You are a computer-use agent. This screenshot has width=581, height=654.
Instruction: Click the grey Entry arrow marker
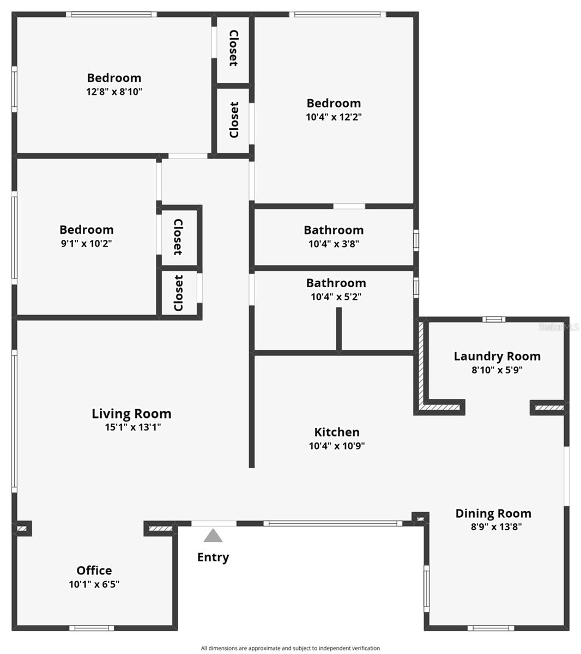213,536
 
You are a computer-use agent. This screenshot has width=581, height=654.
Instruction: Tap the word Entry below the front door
213,557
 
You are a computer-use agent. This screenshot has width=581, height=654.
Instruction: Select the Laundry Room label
497,356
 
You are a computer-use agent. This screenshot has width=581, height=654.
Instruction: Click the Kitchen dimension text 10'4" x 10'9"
337,446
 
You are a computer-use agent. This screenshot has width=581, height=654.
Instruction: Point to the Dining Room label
493,513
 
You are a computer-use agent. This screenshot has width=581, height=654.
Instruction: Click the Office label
94,571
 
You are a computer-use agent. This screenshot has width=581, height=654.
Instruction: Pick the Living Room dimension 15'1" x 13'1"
133,427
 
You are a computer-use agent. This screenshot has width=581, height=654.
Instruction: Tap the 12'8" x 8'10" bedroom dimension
114,92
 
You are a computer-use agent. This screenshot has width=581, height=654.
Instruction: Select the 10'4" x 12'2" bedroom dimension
334,117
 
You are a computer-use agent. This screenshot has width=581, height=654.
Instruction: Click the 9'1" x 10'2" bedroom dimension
87,244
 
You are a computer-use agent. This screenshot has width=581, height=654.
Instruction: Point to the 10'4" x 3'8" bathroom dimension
334,244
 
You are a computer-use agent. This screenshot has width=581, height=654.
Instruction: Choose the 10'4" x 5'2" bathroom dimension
336,297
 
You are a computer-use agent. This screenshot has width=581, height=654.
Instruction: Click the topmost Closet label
234,49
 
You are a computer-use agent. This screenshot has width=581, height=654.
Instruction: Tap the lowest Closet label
179,293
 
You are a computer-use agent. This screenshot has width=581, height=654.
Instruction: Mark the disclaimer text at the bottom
290,648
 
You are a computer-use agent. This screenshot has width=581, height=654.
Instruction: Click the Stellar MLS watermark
559,327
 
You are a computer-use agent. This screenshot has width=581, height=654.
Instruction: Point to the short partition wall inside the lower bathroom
338,330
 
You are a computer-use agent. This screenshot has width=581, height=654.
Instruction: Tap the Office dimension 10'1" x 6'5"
94,584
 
